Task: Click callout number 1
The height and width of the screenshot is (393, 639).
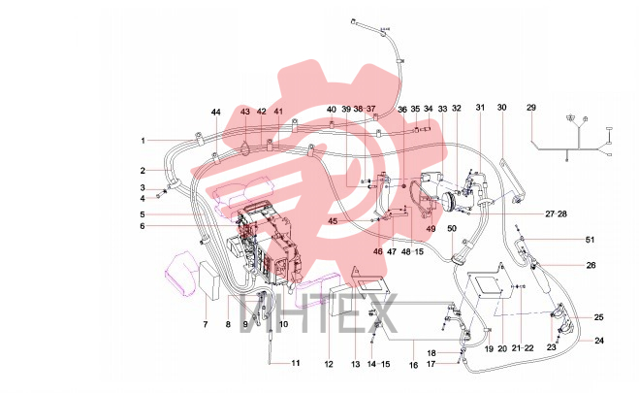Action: point(144,141)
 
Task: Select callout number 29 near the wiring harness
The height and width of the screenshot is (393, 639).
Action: point(531,108)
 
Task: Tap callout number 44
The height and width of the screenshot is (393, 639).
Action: point(216,113)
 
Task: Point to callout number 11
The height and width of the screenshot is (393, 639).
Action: point(296,363)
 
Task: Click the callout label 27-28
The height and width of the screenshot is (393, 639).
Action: point(556,213)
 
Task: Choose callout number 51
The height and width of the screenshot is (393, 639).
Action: point(590,240)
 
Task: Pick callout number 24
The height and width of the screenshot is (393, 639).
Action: point(598,341)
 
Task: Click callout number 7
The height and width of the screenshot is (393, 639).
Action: point(206,324)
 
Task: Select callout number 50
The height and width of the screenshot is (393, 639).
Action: point(452,228)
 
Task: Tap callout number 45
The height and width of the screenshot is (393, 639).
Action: point(333,221)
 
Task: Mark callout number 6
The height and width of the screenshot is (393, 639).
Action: point(143,226)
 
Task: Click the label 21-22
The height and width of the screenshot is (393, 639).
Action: point(523,348)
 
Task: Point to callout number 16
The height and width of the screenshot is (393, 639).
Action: point(413,365)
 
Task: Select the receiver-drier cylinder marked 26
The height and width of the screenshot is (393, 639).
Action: point(541,278)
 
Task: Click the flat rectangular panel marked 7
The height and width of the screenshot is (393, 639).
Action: point(209,280)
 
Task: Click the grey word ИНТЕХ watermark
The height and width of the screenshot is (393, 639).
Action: point(319,313)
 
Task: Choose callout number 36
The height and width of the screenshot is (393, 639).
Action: point(402,110)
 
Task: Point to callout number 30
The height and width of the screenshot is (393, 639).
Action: point(501,107)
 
